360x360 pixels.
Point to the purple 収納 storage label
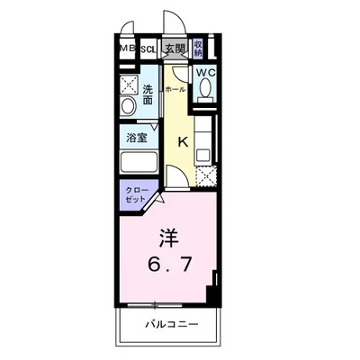point(198,49)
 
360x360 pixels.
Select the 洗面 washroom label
point(149,92)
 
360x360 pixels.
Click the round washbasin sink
point(128,106)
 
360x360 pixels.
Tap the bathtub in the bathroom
point(139,165)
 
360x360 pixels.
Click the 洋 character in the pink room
point(168,240)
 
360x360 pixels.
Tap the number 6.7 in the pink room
point(168,265)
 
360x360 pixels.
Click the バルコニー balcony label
point(169,325)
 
